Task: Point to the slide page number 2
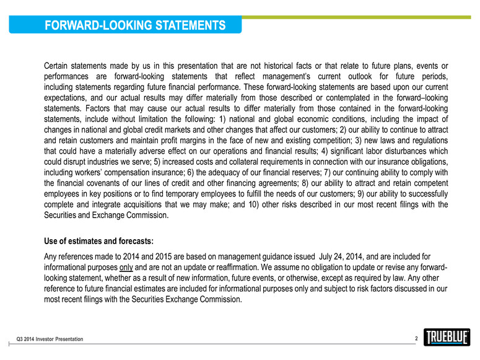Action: click(416, 338)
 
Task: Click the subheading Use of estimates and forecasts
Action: click(98, 240)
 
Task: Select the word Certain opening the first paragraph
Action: click(59, 66)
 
